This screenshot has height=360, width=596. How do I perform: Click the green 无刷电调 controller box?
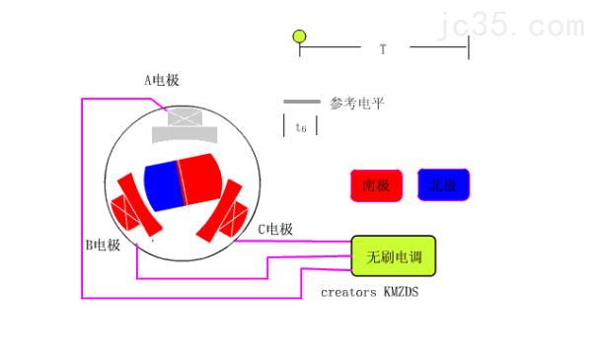point(394,256)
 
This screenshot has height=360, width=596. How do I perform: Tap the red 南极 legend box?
point(376,185)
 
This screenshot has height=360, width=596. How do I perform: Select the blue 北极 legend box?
point(443,184)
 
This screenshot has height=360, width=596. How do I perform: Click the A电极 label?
point(162,81)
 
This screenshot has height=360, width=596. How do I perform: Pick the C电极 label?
point(275,230)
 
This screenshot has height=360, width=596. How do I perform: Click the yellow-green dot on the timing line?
point(300,37)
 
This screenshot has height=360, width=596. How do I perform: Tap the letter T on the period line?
point(383,48)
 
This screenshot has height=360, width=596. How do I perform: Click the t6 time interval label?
point(300,127)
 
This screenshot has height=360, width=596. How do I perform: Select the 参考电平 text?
point(356,103)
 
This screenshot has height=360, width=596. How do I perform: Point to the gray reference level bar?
point(301,102)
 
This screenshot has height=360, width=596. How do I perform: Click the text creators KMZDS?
point(370,292)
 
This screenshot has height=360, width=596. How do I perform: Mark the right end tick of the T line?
point(468,46)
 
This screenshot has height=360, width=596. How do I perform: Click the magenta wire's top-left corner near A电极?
point(83,98)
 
